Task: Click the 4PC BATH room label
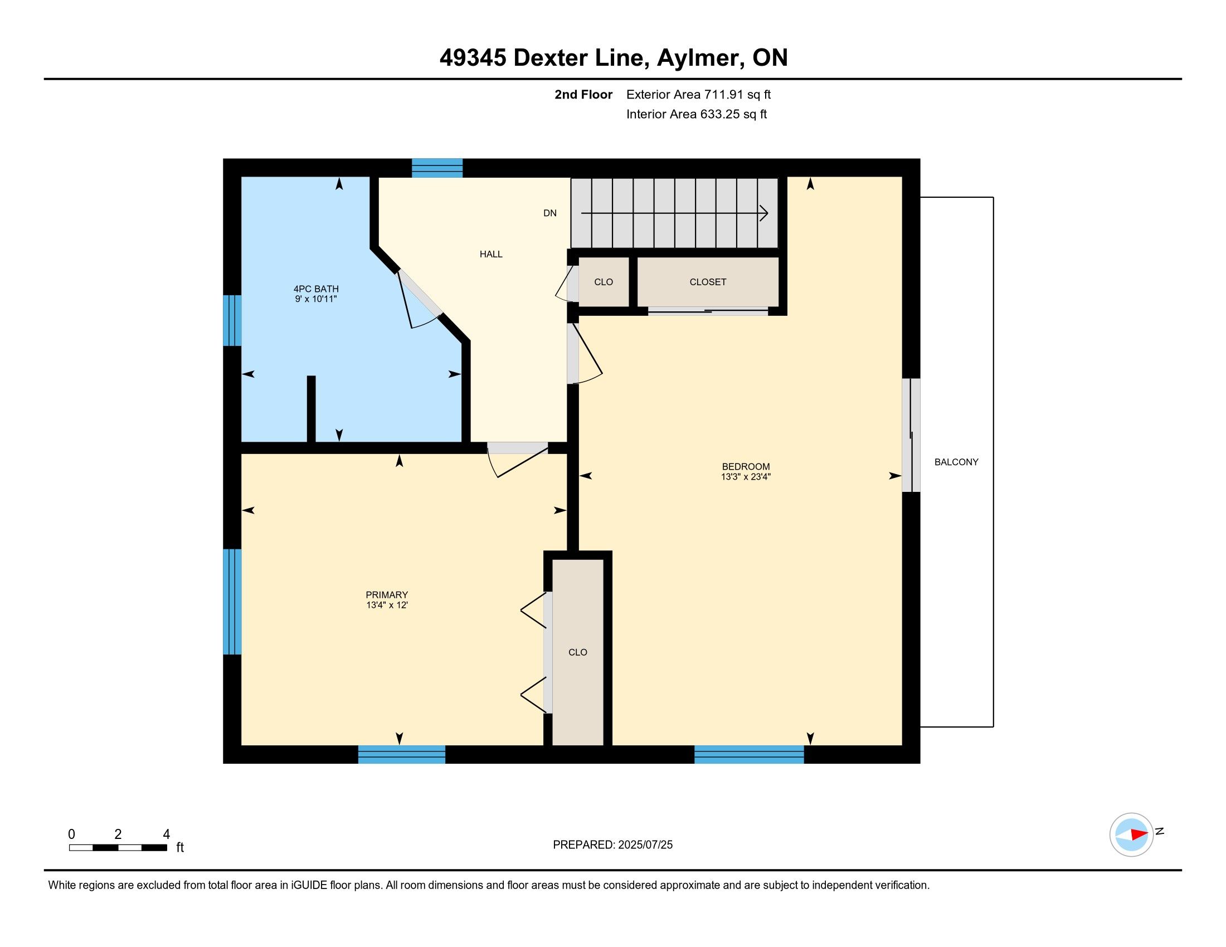pyautogui.click(x=316, y=289)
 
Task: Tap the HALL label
pyautogui.click(x=490, y=254)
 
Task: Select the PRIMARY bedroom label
pyautogui.click(x=387, y=595)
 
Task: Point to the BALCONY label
pyautogui.click(x=956, y=462)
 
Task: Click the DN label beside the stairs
pyautogui.click(x=549, y=213)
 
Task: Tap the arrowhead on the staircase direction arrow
pyautogui.click(x=764, y=213)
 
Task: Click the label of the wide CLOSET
pyautogui.click(x=708, y=282)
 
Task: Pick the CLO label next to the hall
pyautogui.click(x=604, y=282)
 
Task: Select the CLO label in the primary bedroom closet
pyautogui.click(x=578, y=652)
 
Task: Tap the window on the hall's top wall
pyautogui.click(x=437, y=168)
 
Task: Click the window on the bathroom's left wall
pyautogui.click(x=232, y=320)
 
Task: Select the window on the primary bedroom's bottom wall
pyautogui.click(x=402, y=755)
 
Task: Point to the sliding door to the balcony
pyautogui.click(x=911, y=436)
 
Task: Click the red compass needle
pyautogui.click(x=1139, y=834)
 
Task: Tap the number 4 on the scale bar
pyautogui.click(x=166, y=834)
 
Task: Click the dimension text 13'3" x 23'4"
pyautogui.click(x=746, y=477)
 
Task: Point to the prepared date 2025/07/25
pyautogui.click(x=645, y=845)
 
